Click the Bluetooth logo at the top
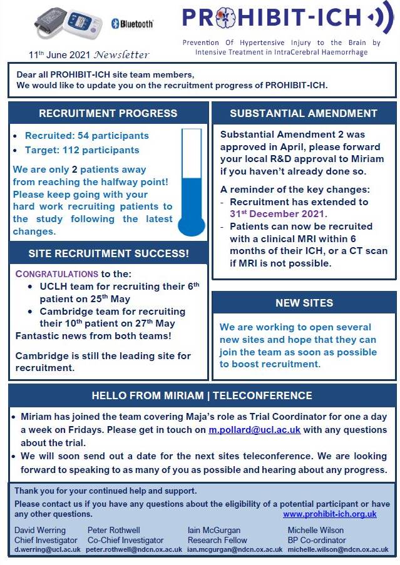pos(131,24)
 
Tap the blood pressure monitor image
pos(68,24)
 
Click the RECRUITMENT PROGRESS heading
pos(108,113)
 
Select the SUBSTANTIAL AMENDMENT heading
pos(304,113)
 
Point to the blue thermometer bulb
pos(192,223)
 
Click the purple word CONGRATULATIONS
pos(57,273)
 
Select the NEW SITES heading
pos(304,303)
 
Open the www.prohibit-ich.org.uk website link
pos(330,514)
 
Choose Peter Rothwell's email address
pos(134,549)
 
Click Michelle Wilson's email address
pos(337,549)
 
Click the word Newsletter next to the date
pos(123,54)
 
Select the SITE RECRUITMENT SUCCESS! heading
pos(108,253)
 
